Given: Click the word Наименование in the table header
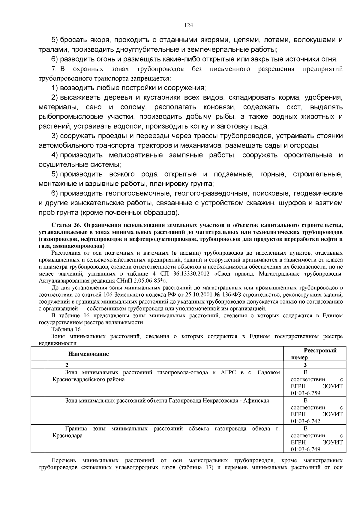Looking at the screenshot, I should point(88,354).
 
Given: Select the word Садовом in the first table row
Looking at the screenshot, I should point(269,373).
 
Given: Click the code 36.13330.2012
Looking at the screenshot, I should point(191,274).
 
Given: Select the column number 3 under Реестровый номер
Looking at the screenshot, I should point(305,365).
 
